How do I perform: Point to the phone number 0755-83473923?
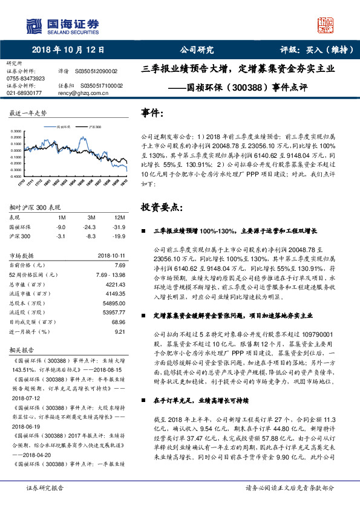click(25, 79)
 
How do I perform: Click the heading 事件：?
click(153, 112)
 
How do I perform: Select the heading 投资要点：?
click(161, 207)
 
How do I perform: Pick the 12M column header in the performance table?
click(119, 216)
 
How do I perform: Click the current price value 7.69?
click(119, 265)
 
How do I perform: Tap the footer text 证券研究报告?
click(44, 487)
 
